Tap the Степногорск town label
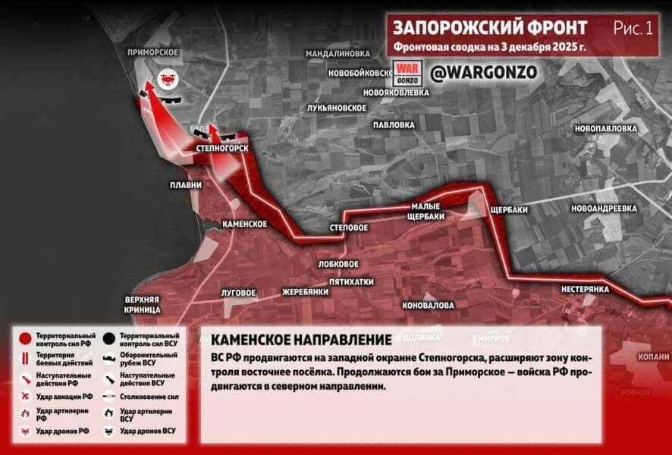click(x=221, y=148)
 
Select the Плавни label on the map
click(x=185, y=185)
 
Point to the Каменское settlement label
click(x=244, y=224)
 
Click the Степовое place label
click(x=349, y=227)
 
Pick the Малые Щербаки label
click(x=425, y=211)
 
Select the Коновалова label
click(x=429, y=305)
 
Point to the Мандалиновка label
click(x=338, y=54)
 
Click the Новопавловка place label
click(x=605, y=128)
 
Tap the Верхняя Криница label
click(x=143, y=305)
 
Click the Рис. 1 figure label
click(x=633, y=29)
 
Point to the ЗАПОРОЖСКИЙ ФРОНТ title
click(x=490, y=28)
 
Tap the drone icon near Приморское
click(x=167, y=77)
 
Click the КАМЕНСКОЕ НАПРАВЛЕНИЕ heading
click(x=301, y=339)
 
